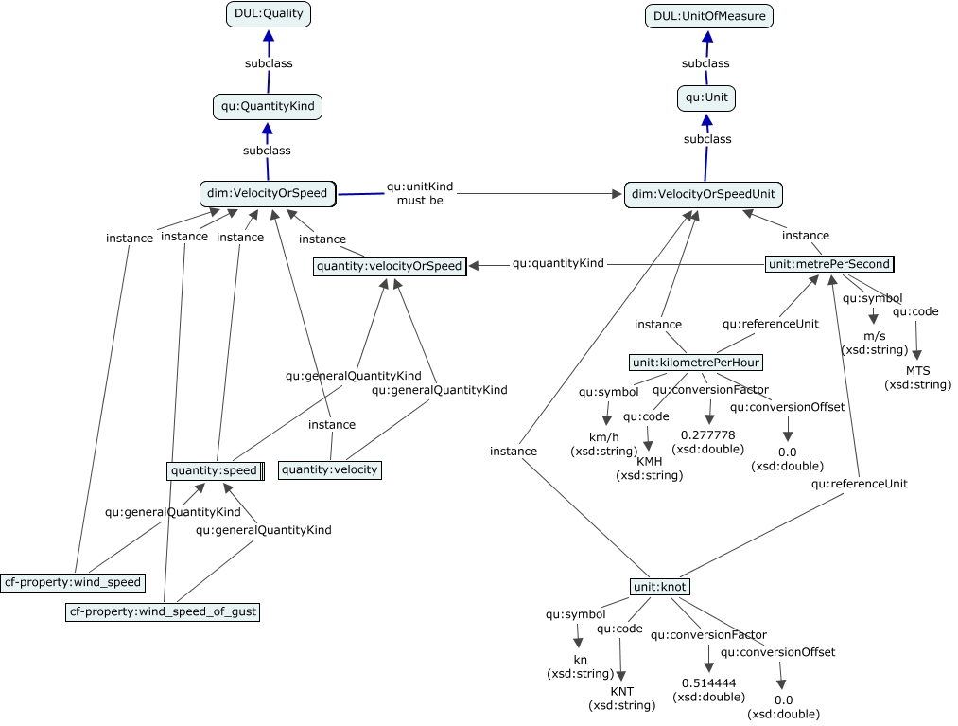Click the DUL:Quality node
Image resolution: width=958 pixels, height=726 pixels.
[x=269, y=14]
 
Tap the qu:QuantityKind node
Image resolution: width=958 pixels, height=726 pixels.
[x=268, y=107]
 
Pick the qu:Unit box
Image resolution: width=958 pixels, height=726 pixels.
[x=705, y=97]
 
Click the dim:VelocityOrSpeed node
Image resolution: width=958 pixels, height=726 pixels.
[x=268, y=194]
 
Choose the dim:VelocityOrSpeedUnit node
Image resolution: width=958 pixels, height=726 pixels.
[x=704, y=195]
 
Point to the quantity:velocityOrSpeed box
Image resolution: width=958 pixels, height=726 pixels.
[x=391, y=267]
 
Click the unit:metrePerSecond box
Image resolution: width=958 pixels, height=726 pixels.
[x=829, y=264]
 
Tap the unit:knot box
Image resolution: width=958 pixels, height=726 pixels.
[x=659, y=588]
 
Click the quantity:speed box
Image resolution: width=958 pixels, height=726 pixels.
[x=215, y=469]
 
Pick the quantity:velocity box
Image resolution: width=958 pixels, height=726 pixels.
[x=330, y=469]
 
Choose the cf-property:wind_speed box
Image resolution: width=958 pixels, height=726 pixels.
[x=73, y=582]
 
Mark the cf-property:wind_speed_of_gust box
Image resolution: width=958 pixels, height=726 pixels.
[x=163, y=612]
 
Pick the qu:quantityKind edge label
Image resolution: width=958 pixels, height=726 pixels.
[x=558, y=264]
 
